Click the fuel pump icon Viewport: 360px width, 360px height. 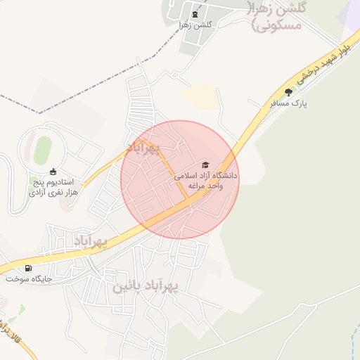click(x=28, y=268)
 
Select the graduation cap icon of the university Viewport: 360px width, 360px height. click(x=205, y=165)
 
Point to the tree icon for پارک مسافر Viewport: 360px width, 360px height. click(x=288, y=93)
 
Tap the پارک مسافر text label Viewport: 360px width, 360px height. click(x=289, y=103)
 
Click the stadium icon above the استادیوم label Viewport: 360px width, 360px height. click(x=53, y=172)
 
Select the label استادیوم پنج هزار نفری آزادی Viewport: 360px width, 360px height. click(x=53, y=187)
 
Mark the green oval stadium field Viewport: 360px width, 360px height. click(x=43, y=149)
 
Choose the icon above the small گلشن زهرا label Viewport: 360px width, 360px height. click(x=195, y=14)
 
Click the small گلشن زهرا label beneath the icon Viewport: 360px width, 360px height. click(x=195, y=25)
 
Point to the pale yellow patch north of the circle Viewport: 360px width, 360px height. click(x=200, y=95)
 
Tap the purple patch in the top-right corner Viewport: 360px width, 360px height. click(x=349, y=14)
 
